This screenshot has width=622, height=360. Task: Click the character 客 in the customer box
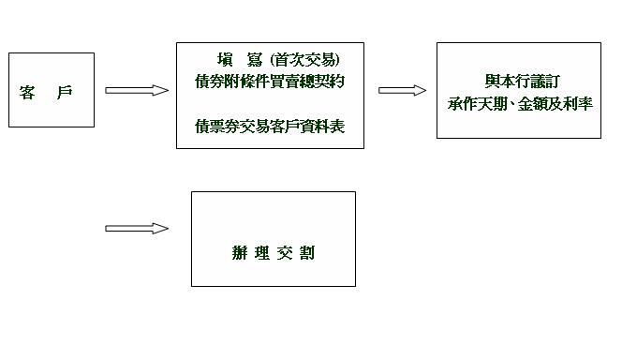[x=28, y=92]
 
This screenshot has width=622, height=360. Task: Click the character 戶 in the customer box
[x=64, y=92]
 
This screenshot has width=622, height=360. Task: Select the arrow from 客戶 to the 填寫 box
[x=137, y=90]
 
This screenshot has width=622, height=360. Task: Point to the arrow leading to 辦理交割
[x=137, y=228]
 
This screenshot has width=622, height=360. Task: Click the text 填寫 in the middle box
[x=233, y=60]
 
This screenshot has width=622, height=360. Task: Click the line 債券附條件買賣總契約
[x=270, y=82]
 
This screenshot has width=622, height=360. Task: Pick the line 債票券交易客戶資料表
[x=270, y=126]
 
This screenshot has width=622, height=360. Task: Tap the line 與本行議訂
[x=518, y=82]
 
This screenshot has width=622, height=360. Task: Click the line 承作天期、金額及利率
[x=519, y=102]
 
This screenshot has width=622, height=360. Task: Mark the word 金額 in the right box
[x=528, y=102]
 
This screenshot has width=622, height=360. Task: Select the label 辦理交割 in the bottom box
[x=273, y=253]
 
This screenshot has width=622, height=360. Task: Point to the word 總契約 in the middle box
[x=322, y=82]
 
